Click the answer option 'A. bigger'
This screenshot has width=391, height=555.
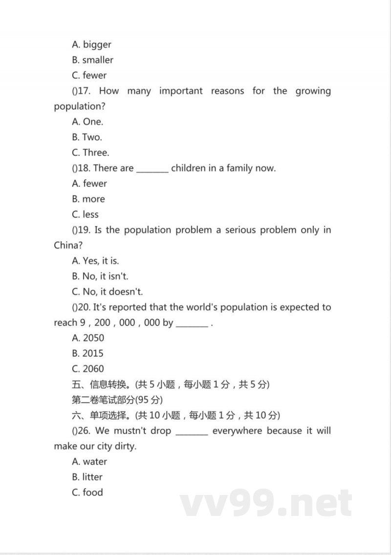pos(91,45)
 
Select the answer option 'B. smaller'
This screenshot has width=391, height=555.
pos(92,60)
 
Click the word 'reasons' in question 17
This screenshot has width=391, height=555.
pos(227,91)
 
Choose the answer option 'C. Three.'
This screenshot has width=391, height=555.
pos(90,153)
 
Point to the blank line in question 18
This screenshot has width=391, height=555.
pos(152,169)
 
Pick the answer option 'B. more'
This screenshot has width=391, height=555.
pos(88,199)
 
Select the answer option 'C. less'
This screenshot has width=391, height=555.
pos(85,215)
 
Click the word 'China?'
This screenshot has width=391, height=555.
pos(66,246)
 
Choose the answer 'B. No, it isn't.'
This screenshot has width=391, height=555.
pos(100,276)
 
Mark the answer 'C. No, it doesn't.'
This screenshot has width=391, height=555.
pos(107,292)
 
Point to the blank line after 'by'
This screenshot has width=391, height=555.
pos(192,324)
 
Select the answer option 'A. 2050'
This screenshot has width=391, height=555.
pos(88,338)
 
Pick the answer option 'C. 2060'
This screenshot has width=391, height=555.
pos(88,369)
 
